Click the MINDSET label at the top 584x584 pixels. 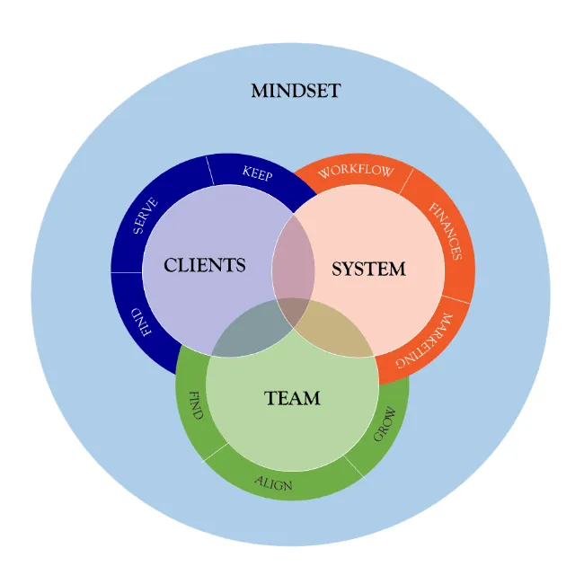[296, 91]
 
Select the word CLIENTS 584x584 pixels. [204, 265]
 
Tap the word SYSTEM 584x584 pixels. [368, 269]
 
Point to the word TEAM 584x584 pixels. [292, 398]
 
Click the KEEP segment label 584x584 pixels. [257, 173]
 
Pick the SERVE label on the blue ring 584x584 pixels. [145, 217]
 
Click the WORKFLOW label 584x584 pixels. [356, 171]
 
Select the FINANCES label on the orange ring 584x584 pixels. [445, 231]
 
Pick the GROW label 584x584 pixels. [385, 424]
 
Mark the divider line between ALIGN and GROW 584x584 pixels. [353, 466]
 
